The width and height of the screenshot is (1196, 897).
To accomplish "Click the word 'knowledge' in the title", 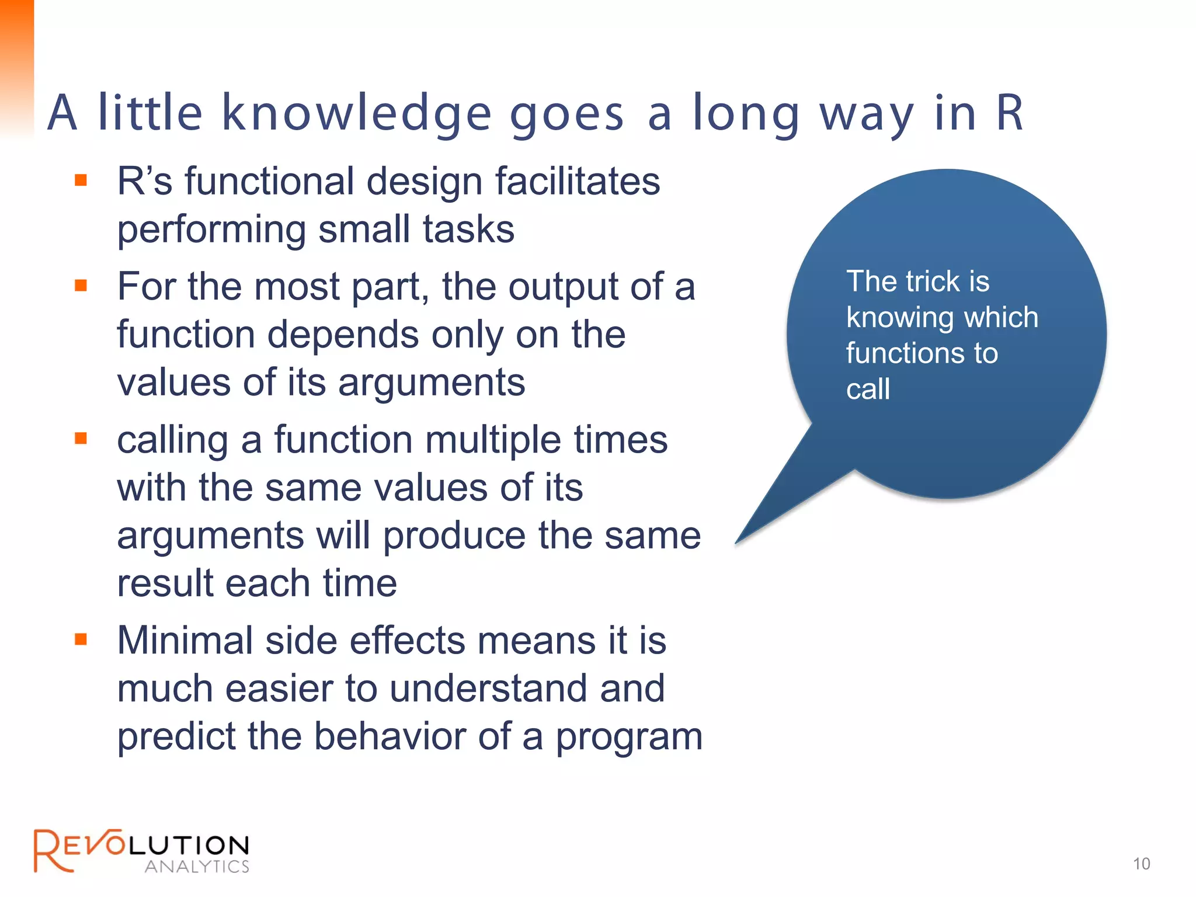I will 357,114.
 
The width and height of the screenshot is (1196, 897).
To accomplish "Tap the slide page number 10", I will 1141,864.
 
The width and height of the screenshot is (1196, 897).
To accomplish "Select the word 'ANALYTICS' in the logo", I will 197,867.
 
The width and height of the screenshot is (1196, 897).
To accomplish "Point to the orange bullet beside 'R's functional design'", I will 81,180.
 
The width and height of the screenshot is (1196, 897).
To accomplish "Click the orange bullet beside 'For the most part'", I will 81,286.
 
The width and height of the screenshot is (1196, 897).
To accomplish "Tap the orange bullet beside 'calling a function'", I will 81,438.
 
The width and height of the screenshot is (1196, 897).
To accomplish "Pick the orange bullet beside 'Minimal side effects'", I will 81,639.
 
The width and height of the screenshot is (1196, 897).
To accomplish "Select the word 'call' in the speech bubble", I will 868,389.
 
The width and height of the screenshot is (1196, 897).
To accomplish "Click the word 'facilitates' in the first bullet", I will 578,181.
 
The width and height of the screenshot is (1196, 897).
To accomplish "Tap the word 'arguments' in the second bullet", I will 432,383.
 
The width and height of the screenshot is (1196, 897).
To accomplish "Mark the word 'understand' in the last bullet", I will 489,689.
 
